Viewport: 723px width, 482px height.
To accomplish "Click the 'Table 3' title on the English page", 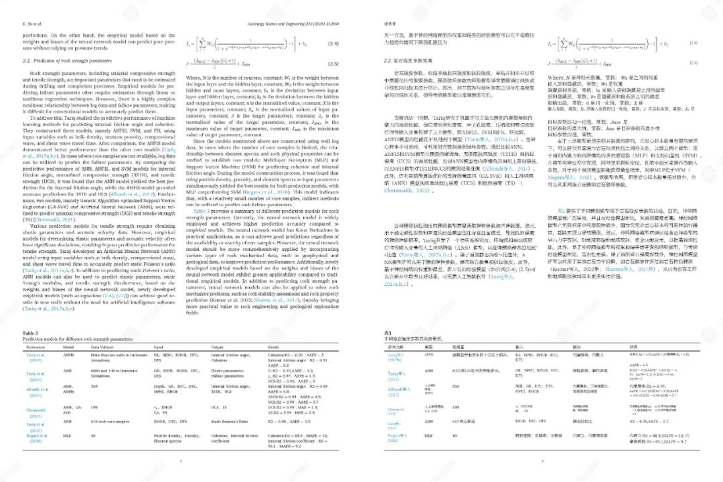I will point(31,332).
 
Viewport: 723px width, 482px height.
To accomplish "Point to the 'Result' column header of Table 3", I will point(275,347).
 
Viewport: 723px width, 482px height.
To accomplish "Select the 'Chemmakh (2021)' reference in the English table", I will point(35,410).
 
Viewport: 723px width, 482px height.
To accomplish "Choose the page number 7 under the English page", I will point(180,461).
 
